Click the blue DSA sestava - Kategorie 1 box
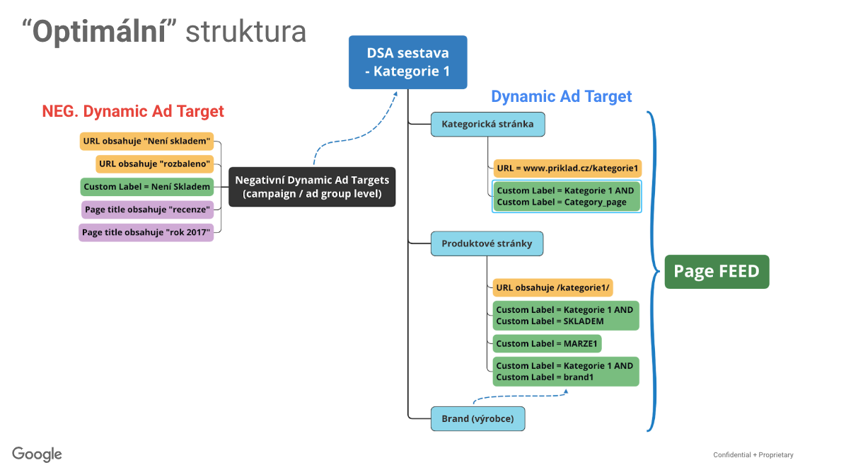point(408,62)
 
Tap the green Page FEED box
point(717,271)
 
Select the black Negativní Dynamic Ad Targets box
point(312,187)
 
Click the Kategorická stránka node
point(488,124)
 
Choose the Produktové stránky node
point(487,243)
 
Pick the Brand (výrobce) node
point(477,419)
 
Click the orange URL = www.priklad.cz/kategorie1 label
point(567,168)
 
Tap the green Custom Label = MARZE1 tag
point(547,343)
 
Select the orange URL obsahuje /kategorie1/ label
point(552,287)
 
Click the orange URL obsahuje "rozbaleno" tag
point(154,164)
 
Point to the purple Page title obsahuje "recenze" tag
point(147,210)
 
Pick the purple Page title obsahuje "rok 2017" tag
point(146,232)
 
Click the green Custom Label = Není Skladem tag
point(146,187)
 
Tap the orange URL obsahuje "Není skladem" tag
point(146,141)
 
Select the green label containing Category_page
point(567,196)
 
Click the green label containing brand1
point(565,371)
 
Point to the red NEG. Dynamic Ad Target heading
point(133,111)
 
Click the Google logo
point(37,454)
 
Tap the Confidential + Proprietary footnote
point(753,455)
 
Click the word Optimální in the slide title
point(99,31)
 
